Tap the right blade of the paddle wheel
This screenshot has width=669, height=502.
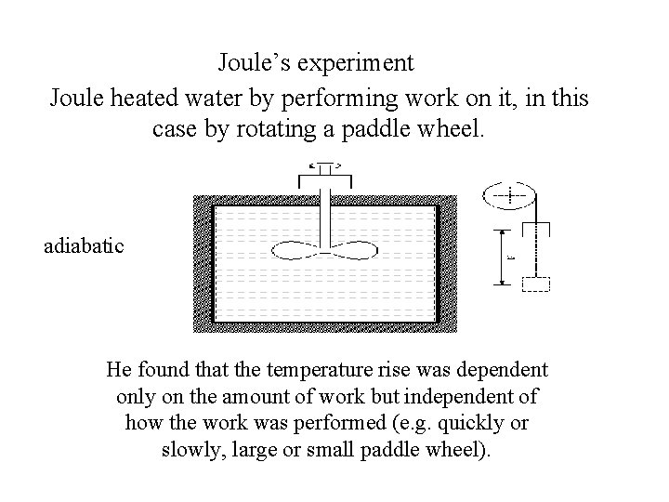coord(354,249)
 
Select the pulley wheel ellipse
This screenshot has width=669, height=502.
coord(509,196)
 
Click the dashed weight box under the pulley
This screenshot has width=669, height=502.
coord(537,284)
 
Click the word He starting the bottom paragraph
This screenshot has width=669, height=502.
coord(119,369)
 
